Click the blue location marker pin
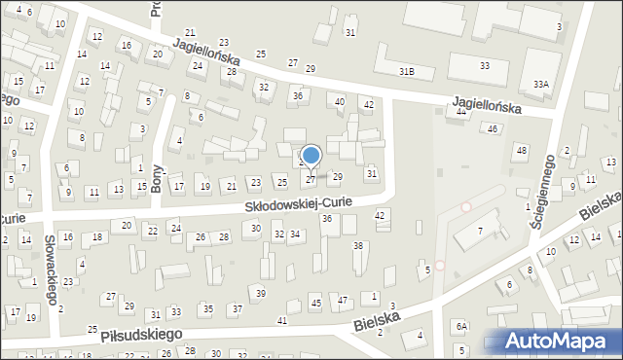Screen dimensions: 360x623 click(x=311, y=156)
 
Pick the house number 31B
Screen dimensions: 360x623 click(x=407, y=72)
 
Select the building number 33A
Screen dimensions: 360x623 click(x=540, y=85)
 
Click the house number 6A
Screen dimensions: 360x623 click(x=463, y=326)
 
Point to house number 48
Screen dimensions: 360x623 click(x=522, y=150)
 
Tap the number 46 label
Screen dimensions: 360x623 click(x=494, y=128)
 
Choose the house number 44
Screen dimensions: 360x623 click(x=460, y=113)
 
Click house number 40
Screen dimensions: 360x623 click(x=340, y=102)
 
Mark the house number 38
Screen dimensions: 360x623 click(x=357, y=246)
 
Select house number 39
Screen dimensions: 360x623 click(x=260, y=293)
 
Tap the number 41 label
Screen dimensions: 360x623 click(x=282, y=320)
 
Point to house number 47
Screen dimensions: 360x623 click(x=343, y=301)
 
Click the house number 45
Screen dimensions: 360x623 click(x=315, y=303)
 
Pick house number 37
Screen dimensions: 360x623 click(x=238, y=308)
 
